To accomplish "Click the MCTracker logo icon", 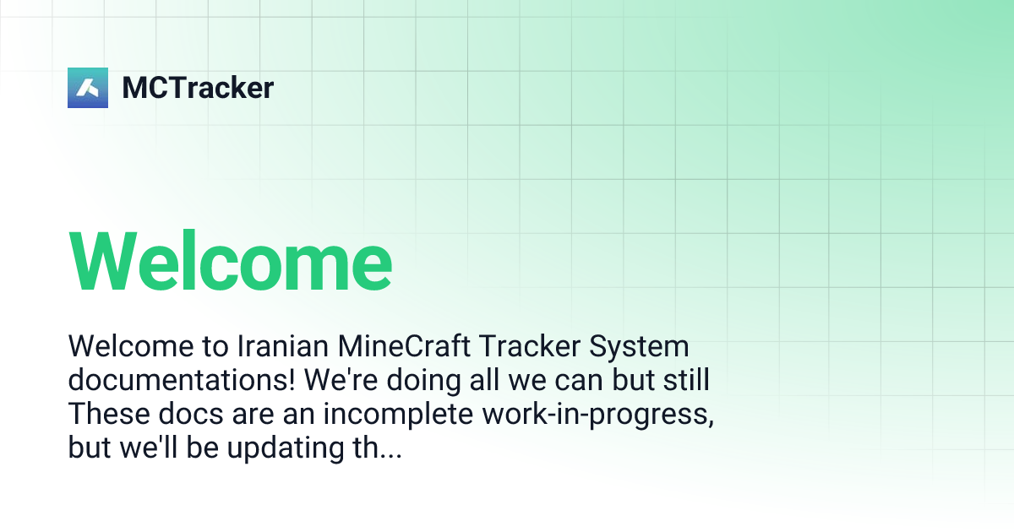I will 88,88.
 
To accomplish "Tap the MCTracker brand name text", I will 198,88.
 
